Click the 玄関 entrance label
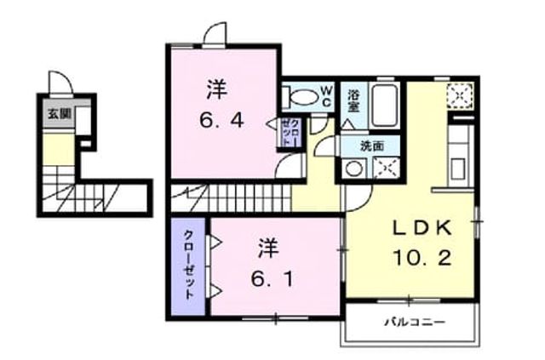point(59,114)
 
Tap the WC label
point(326,96)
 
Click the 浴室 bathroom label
point(354,100)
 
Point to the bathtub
point(384,105)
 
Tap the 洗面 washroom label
point(372,146)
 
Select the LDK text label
point(422,228)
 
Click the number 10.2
point(422,258)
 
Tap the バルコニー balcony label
point(415,322)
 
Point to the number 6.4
point(221,121)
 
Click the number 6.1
point(273,279)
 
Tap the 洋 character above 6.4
point(217,90)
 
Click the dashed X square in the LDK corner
point(460,95)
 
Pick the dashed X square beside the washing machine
point(386,168)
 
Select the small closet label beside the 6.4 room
point(290,133)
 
